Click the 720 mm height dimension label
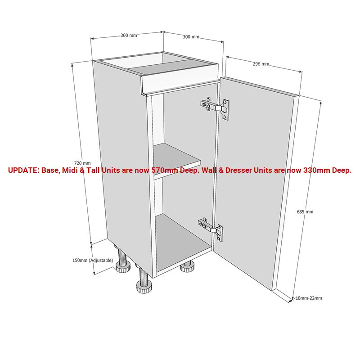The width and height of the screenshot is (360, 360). (82, 163)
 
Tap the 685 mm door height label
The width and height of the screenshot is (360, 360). (305, 211)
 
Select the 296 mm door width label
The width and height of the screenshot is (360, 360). (261, 64)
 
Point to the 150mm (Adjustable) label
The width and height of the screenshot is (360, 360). (93, 261)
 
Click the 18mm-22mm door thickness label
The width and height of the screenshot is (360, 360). (309, 298)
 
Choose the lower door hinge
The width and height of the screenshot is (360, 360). (211, 230)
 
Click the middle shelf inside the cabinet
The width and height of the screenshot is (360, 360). (177, 161)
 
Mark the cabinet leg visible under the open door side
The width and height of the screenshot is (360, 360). (188, 267)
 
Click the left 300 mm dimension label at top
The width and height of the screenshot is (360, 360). (129, 36)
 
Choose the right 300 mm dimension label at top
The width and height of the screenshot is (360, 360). (191, 36)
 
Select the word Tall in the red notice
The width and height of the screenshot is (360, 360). (93, 171)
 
